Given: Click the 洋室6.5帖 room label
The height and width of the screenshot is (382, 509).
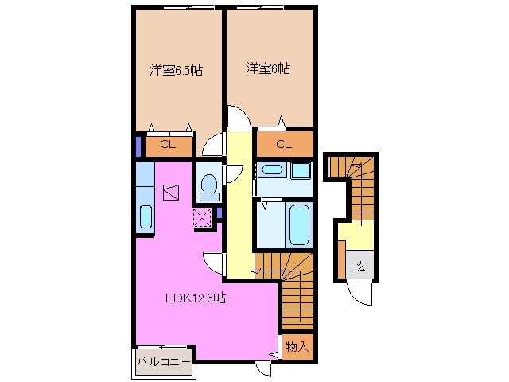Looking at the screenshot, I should click(177, 69).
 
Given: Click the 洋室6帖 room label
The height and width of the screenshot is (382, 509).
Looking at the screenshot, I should click(267, 69).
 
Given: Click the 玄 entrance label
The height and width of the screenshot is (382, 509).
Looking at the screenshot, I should click(359, 267).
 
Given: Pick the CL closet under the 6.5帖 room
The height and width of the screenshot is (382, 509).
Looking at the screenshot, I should click(168, 145).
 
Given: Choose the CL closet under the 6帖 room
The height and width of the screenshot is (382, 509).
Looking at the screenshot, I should click(284, 145).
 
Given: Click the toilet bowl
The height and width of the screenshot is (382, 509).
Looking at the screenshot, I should click(210, 187).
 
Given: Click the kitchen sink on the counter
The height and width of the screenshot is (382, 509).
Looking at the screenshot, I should click(146, 217).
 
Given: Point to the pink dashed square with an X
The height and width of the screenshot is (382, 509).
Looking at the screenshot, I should click(201, 217).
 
